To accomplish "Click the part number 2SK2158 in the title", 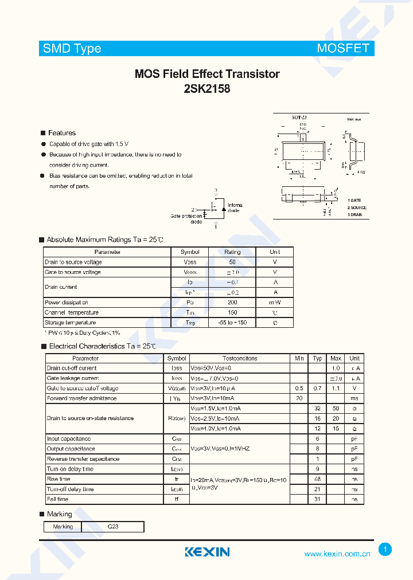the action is point(207,89).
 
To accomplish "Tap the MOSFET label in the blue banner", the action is point(342,49).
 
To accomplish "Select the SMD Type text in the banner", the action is point(72,49).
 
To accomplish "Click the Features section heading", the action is point(61,133).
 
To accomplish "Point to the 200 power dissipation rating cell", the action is point(232,303).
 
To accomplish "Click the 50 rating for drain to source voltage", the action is point(232,262).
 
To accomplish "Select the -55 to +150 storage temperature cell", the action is point(232,323).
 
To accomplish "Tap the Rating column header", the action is point(232,252).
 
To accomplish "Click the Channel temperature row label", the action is point(72,313).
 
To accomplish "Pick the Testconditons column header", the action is point(240,358).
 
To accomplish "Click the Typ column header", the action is point(317,358).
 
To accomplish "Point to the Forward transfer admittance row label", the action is point(81,398).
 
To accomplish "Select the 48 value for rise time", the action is point(317,479).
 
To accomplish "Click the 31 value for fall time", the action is point(317,499).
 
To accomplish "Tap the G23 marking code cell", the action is point(112,527).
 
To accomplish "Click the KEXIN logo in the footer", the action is point(207,552).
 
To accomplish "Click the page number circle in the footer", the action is point(385,550).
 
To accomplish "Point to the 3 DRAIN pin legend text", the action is point(354,214).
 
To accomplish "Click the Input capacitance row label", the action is point(69,439).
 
